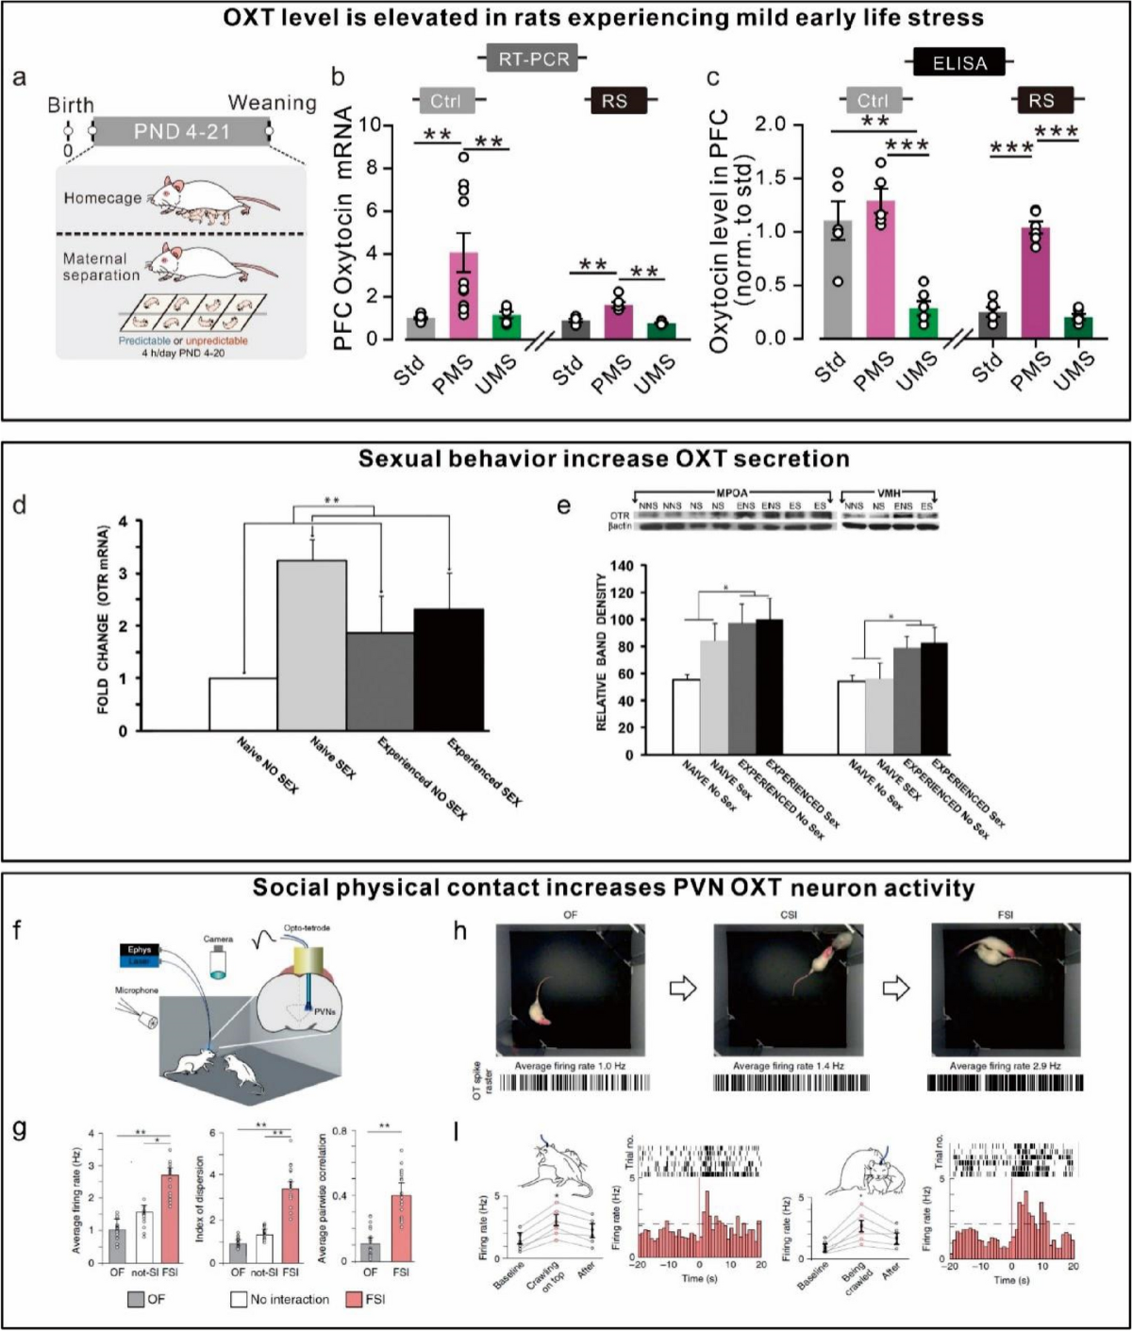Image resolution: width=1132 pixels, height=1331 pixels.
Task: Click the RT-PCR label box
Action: click(534, 58)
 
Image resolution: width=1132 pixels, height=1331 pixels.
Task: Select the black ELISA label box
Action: click(959, 63)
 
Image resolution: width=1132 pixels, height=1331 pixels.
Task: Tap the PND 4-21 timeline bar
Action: click(181, 131)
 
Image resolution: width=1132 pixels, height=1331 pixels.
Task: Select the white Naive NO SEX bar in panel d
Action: click(242, 704)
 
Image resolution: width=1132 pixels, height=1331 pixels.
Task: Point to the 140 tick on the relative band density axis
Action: click(620, 565)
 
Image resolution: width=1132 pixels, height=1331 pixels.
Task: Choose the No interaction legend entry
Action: click(279, 1300)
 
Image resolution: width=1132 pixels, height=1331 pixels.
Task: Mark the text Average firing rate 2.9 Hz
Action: click(1005, 1066)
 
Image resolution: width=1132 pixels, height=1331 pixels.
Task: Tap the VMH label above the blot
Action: click(888, 493)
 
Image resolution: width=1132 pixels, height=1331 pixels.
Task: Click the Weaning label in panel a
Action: click(272, 103)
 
